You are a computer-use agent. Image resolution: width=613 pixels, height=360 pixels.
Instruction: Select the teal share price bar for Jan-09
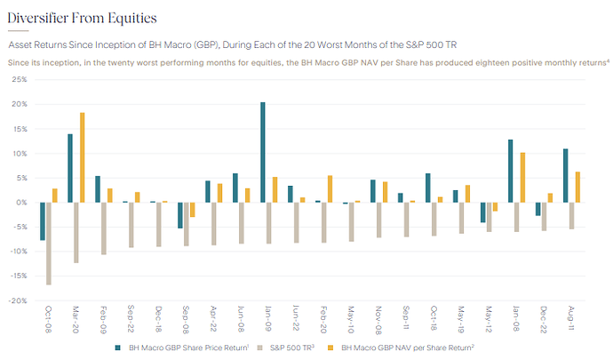263,152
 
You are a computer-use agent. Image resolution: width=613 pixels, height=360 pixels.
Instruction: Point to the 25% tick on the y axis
18,79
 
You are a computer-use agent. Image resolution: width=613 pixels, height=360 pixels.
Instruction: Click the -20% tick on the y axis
17,300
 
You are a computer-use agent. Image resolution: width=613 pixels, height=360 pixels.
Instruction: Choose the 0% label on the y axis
21,202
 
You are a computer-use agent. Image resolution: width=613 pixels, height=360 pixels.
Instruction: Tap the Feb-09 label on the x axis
103,318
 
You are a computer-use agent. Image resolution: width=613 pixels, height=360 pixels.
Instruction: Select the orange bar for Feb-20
330,188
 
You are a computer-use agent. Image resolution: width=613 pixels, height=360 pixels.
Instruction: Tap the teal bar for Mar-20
70,168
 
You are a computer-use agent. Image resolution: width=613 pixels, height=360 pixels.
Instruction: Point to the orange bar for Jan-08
521,177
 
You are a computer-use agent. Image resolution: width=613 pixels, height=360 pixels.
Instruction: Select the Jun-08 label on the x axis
242,318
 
